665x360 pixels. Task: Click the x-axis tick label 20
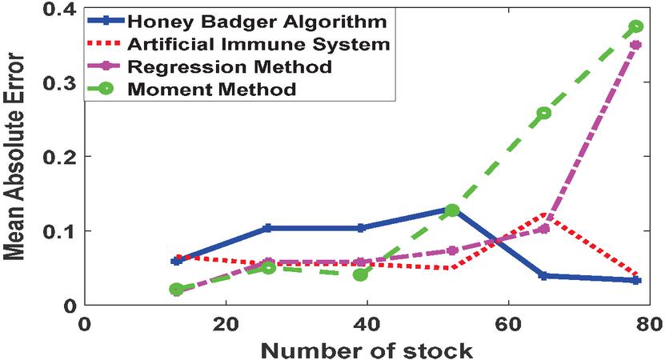(x=225, y=326)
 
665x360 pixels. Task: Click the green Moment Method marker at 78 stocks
(x=636, y=26)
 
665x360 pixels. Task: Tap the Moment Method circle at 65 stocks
(x=544, y=113)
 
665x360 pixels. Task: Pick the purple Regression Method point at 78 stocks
(x=636, y=45)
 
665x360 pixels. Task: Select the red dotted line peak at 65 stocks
(x=544, y=215)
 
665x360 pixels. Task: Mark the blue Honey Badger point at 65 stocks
(x=544, y=275)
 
